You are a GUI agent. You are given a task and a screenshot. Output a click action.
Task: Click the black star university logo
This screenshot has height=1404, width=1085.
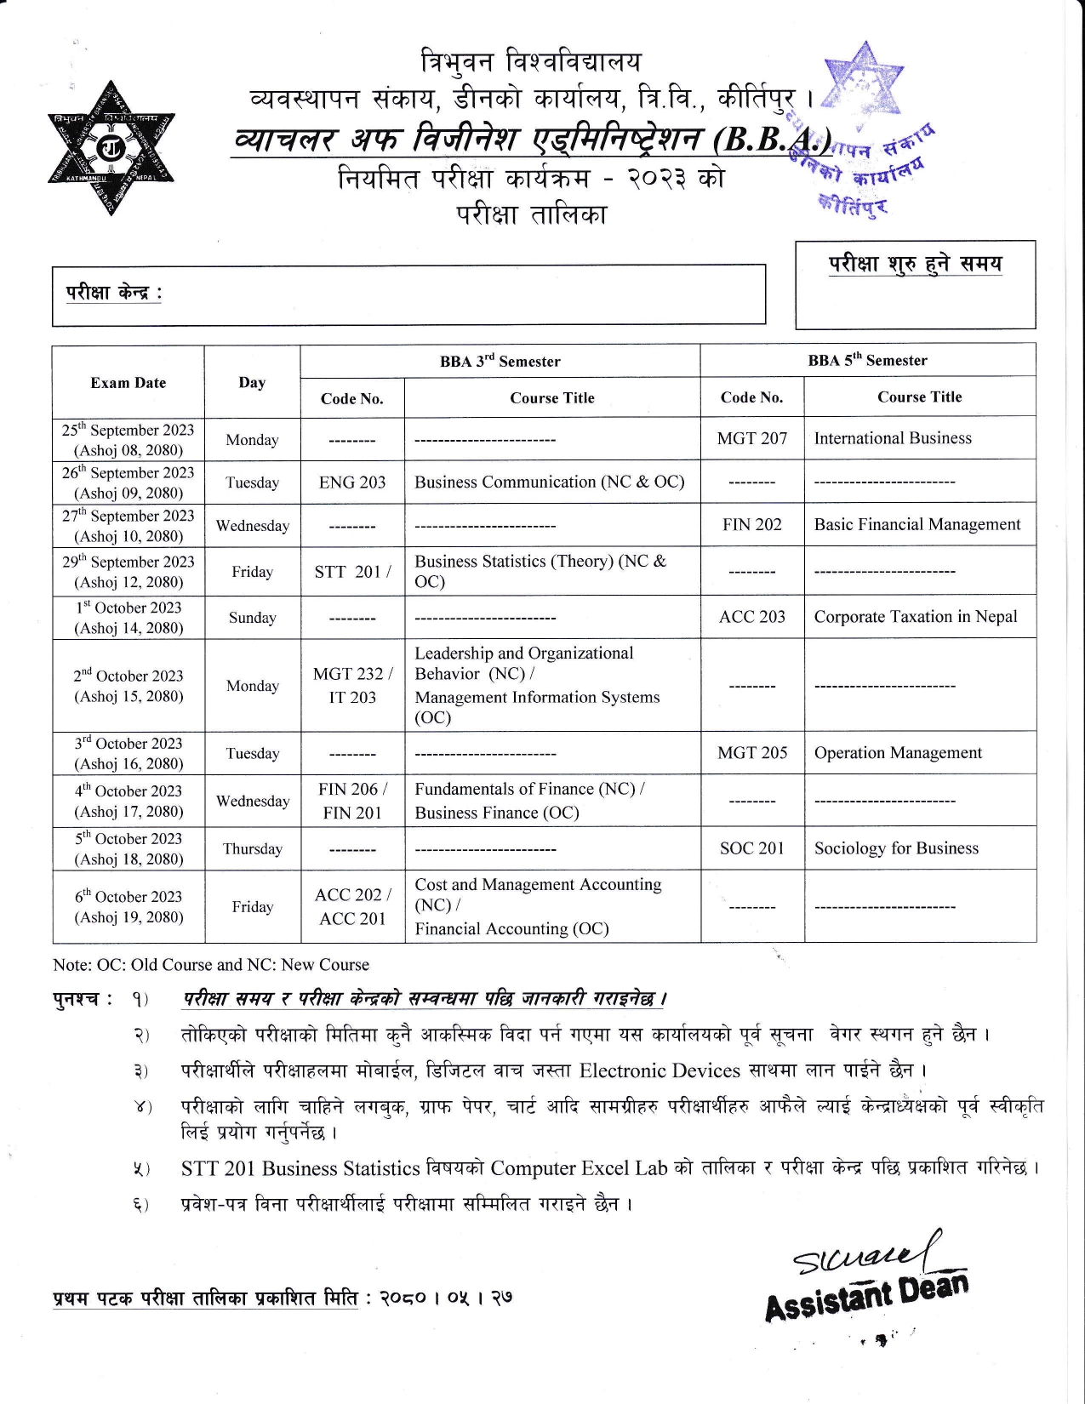click(111, 147)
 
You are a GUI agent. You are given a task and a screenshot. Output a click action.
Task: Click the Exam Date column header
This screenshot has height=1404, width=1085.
click(128, 383)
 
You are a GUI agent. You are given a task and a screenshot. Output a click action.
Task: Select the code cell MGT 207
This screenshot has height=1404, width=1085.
click(751, 438)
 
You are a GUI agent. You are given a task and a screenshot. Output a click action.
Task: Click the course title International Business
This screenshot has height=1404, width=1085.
click(892, 438)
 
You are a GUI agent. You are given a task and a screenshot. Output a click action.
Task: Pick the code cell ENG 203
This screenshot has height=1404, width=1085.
click(351, 482)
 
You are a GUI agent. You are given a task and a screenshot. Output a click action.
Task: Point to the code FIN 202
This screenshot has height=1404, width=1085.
click(751, 525)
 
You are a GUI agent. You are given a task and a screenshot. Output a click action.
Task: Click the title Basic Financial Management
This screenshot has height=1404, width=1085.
click(917, 525)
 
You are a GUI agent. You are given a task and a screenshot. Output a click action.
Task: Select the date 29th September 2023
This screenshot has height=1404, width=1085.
click(128, 562)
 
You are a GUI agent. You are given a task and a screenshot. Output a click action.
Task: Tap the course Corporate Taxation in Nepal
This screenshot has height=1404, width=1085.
click(915, 617)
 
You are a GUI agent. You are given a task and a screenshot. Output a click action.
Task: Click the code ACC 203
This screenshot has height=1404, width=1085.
click(751, 617)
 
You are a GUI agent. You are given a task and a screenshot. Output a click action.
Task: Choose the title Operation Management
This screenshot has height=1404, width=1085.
click(897, 753)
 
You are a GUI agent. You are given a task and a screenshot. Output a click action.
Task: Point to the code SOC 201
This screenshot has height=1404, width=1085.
click(751, 848)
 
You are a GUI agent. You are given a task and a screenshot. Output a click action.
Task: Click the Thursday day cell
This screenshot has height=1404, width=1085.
click(252, 849)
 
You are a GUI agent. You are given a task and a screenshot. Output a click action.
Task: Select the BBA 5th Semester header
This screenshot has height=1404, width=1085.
click(867, 360)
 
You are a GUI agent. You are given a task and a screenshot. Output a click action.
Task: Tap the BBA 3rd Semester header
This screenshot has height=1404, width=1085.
click(500, 361)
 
